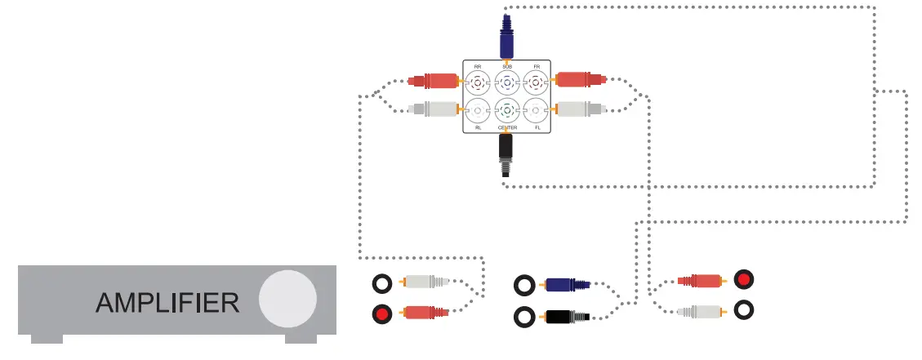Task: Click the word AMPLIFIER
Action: pos(167,303)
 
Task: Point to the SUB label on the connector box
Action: pos(506,66)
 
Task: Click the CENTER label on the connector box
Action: pos(507,128)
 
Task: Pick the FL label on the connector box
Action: pos(537,128)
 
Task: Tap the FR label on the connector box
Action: pos(536,66)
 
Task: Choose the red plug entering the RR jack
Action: pos(433,81)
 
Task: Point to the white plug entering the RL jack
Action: pos(432,108)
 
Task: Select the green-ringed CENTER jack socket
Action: pos(506,109)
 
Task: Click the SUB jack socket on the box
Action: pos(506,82)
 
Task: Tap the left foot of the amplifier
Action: pos(45,338)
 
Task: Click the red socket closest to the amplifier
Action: pos(381,312)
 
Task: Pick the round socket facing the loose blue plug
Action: pos(524,285)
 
